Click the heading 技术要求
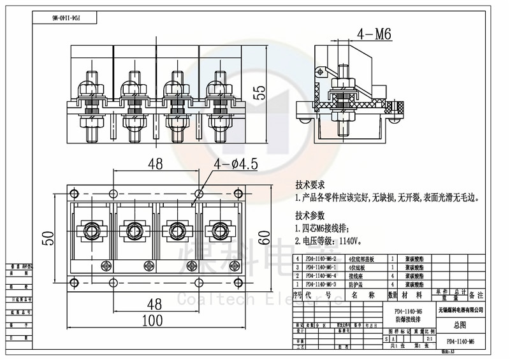[310, 184]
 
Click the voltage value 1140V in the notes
[349, 241]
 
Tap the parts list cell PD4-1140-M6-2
[321, 259]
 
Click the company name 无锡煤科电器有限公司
[460, 309]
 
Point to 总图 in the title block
[460, 324]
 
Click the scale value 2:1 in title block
[430, 340]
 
